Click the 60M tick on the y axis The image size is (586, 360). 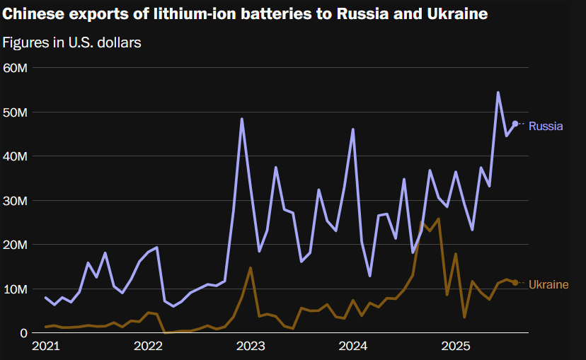tap(15, 68)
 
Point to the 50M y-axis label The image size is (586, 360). tap(15, 112)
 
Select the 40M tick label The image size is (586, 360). tap(15, 156)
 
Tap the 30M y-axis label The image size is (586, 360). tap(15, 201)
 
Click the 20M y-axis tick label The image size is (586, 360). tap(15, 245)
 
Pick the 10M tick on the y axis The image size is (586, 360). tap(15, 289)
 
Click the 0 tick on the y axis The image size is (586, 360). tap(24, 333)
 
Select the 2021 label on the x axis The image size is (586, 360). tap(45, 347)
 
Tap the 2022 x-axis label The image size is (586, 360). tap(148, 347)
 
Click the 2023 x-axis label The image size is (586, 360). tap(251, 347)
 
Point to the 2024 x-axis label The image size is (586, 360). tap(353, 347)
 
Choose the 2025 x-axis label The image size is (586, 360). tap(456, 347)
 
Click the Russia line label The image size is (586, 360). tap(546, 127)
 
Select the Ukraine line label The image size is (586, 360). tap(548, 284)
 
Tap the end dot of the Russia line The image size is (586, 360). tap(515, 124)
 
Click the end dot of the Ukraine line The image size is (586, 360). tap(515, 283)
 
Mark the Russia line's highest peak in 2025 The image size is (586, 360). tap(498, 93)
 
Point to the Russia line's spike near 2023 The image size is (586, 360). tap(242, 119)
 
